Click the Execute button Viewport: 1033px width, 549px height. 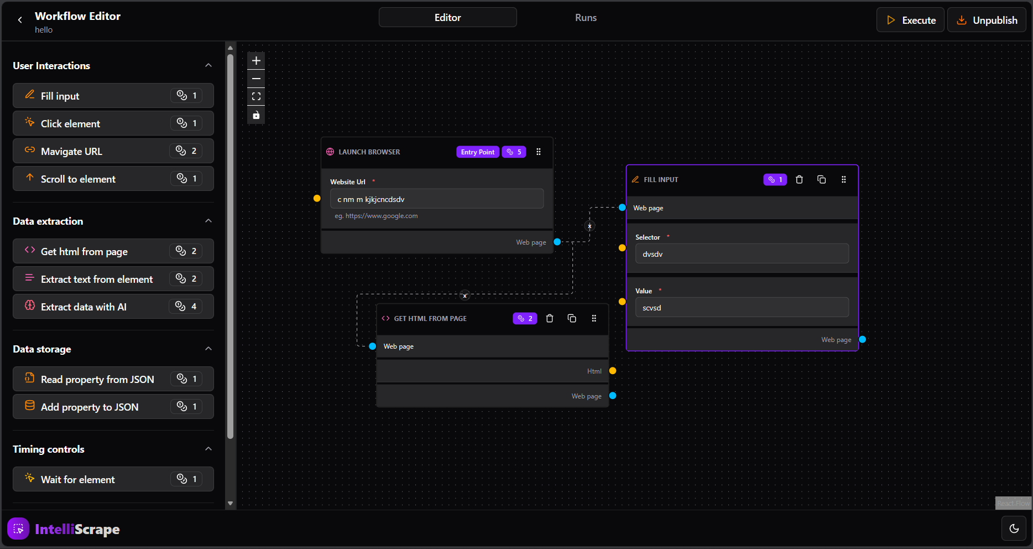point(910,20)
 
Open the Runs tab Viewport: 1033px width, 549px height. point(586,18)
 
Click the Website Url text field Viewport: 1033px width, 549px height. point(436,199)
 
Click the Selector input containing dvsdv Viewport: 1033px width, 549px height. point(741,254)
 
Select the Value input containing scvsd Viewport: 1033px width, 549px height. point(741,308)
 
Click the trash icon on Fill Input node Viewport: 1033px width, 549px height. point(799,179)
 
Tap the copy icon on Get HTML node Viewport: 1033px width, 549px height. point(572,318)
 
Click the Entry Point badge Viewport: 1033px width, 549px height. point(478,152)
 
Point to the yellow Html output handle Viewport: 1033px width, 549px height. point(613,371)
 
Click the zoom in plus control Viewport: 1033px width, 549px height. point(256,61)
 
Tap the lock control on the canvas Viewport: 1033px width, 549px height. point(256,115)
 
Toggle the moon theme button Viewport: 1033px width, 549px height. point(1014,529)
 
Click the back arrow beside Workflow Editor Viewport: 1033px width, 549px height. point(20,20)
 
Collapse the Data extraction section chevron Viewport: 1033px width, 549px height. point(208,221)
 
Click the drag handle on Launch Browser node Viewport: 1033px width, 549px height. point(539,152)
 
